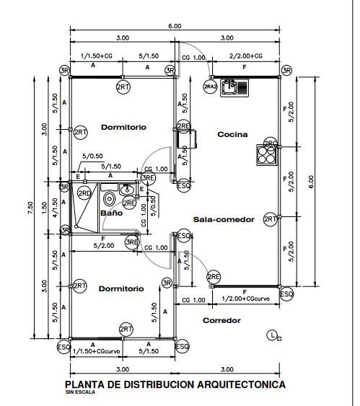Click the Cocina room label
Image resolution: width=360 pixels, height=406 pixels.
[232, 134]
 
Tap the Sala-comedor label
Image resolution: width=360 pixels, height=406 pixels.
[223, 220]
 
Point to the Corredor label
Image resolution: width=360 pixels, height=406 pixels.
[221, 320]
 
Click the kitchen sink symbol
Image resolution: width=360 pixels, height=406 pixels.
[234, 87]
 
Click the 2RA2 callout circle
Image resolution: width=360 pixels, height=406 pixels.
[211, 87]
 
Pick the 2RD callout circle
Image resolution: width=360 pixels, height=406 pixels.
[84, 193]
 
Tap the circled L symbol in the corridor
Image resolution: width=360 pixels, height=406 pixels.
[272, 334]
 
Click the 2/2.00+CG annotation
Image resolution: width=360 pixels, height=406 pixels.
[245, 56]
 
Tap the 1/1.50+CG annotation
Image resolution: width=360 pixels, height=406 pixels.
[96, 56]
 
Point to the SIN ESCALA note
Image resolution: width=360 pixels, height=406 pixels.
[80, 394]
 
